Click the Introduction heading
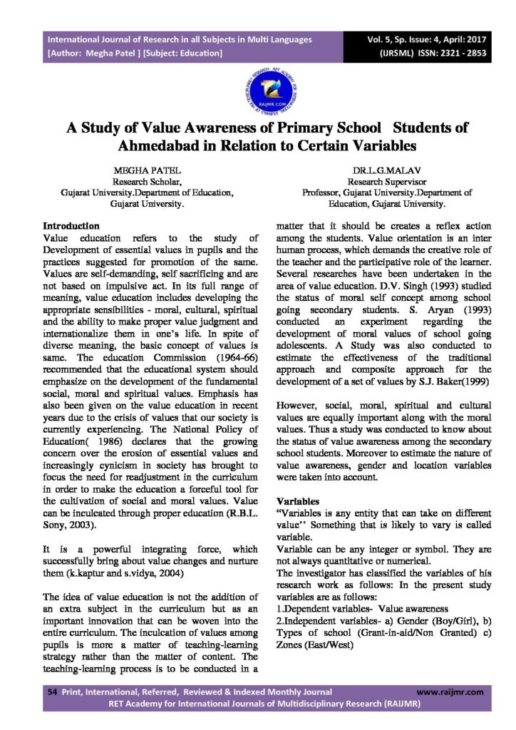point(71,225)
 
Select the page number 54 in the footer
point(51,692)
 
